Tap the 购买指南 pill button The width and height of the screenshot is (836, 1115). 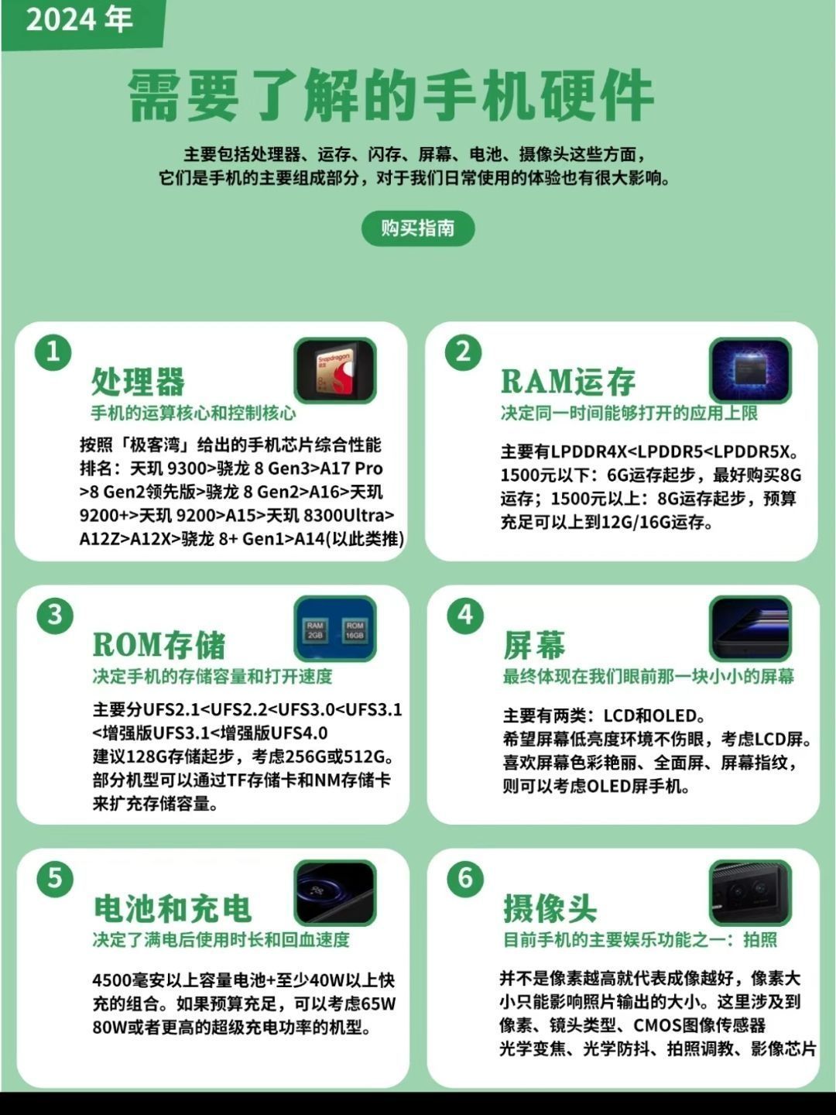click(418, 228)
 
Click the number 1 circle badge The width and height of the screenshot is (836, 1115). click(53, 352)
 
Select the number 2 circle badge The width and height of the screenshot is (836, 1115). click(464, 352)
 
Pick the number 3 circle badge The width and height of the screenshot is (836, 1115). click(55, 615)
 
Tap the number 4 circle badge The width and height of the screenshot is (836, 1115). click(465, 615)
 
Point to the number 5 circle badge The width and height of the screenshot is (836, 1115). click(55, 878)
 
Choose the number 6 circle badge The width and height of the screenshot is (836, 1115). click(465, 878)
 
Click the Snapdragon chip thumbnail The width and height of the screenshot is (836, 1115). click(335, 371)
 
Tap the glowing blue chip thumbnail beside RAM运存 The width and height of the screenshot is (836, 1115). click(750, 371)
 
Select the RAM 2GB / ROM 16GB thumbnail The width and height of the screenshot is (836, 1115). click(335, 629)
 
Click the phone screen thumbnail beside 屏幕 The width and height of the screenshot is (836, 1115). click(750, 629)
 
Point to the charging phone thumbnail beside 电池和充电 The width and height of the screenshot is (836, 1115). click(335, 893)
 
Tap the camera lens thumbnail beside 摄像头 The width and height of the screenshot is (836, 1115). click(750, 893)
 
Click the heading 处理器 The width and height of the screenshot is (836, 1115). click(138, 381)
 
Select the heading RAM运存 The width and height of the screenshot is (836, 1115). click(568, 381)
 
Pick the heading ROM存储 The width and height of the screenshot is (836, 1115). click(159, 645)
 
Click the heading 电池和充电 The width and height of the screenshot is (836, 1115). click(173, 908)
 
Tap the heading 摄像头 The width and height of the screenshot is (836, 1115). click(550, 908)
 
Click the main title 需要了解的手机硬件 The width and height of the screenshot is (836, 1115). click(391, 96)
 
